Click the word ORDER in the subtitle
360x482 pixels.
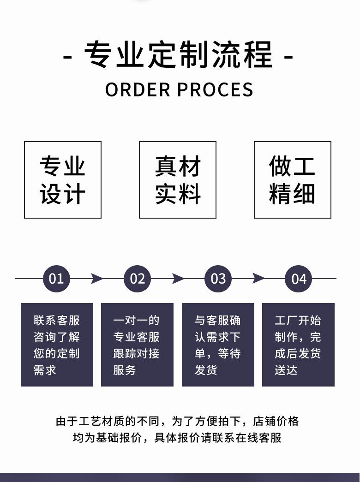[138, 89]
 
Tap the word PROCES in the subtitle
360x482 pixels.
[216, 89]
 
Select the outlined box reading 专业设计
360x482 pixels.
[63, 180]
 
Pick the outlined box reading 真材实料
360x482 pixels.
[178, 180]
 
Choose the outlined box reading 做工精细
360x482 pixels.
[293, 180]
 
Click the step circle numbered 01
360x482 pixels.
[56, 279]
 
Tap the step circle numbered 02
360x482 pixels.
[138, 279]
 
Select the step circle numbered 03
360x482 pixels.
[218, 279]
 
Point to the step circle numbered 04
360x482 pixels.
[299, 279]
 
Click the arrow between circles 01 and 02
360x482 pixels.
[97, 279]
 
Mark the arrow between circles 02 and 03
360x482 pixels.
[178, 279]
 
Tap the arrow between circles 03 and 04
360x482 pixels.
[258, 279]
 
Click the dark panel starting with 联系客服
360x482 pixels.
[57, 345]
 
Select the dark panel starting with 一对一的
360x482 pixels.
[137, 345]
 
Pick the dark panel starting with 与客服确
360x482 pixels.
[218, 345]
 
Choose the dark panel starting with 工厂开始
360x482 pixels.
[298, 345]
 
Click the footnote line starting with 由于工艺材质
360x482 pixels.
[177, 421]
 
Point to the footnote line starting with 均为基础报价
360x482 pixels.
[177, 438]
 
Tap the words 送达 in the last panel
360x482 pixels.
[286, 370]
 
